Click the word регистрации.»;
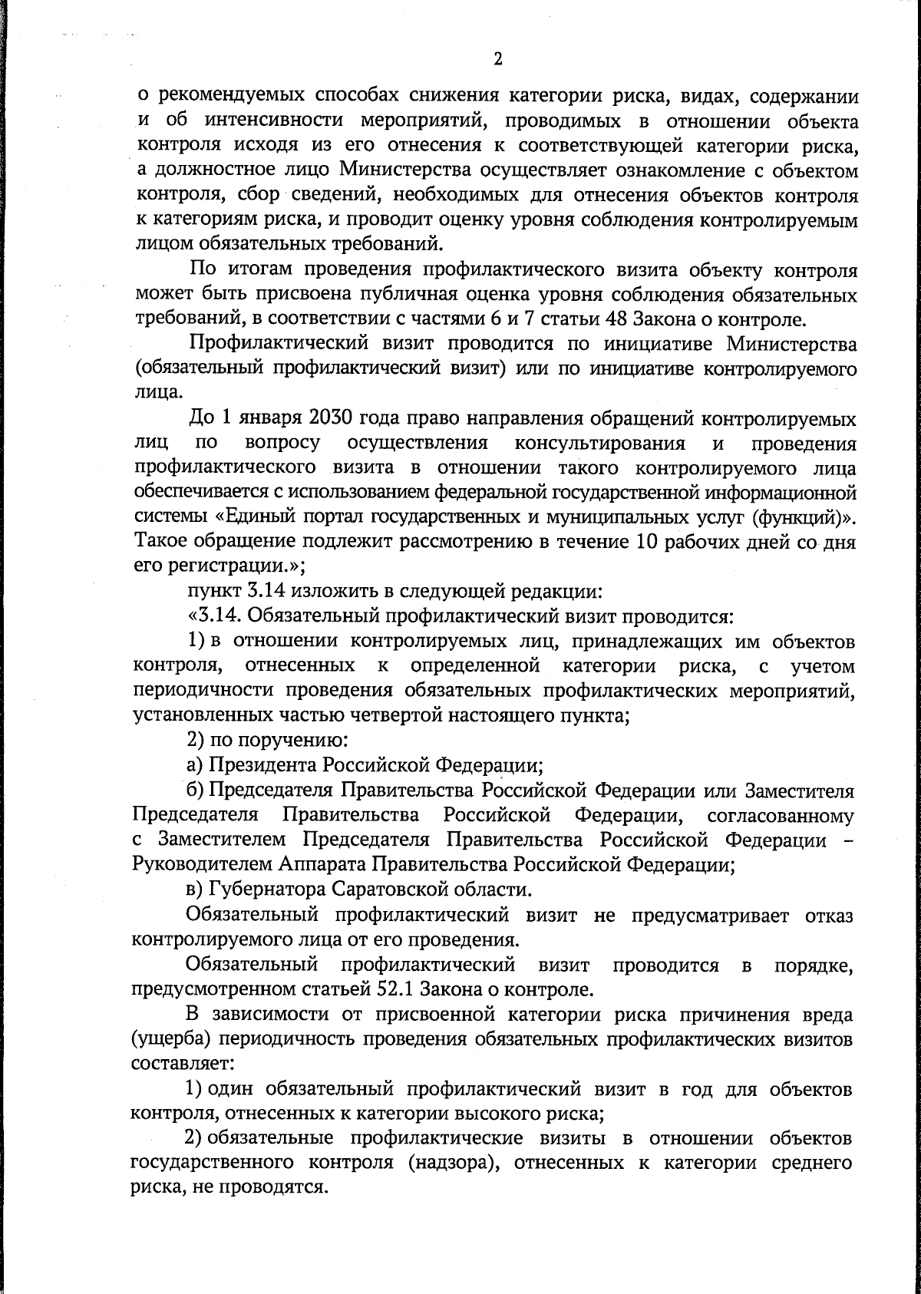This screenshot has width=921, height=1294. click(231, 566)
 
